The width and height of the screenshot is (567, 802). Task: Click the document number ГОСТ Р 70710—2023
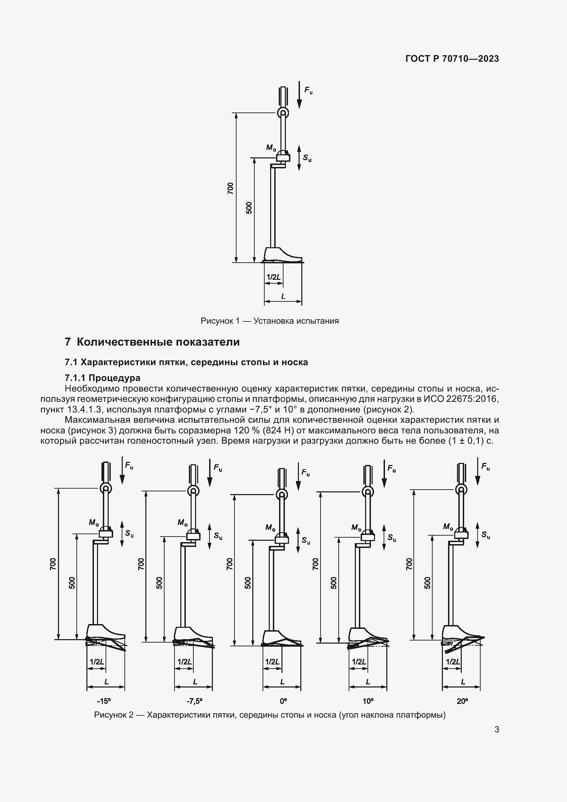[x=452, y=59]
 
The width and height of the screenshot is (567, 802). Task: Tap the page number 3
[x=496, y=729]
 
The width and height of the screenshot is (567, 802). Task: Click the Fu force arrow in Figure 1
[x=299, y=95]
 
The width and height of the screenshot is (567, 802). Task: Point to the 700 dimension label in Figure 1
[x=230, y=188]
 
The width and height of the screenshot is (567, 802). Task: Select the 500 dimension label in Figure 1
[x=249, y=208]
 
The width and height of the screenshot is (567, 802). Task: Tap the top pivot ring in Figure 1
[x=283, y=113]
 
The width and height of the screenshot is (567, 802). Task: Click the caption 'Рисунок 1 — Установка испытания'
[x=269, y=321]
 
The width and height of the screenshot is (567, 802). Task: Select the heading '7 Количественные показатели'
[x=152, y=342]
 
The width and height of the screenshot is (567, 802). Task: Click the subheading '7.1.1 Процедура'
[x=102, y=378]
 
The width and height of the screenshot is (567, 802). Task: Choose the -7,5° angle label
[x=194, y=701]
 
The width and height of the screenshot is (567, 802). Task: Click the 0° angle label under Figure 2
[x=283, y=701]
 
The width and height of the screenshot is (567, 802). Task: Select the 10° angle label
[x=368, y=701]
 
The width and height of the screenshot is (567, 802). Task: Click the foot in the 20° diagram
[x=459, y=632]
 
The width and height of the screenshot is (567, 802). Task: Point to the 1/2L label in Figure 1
[x=273, y=277]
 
